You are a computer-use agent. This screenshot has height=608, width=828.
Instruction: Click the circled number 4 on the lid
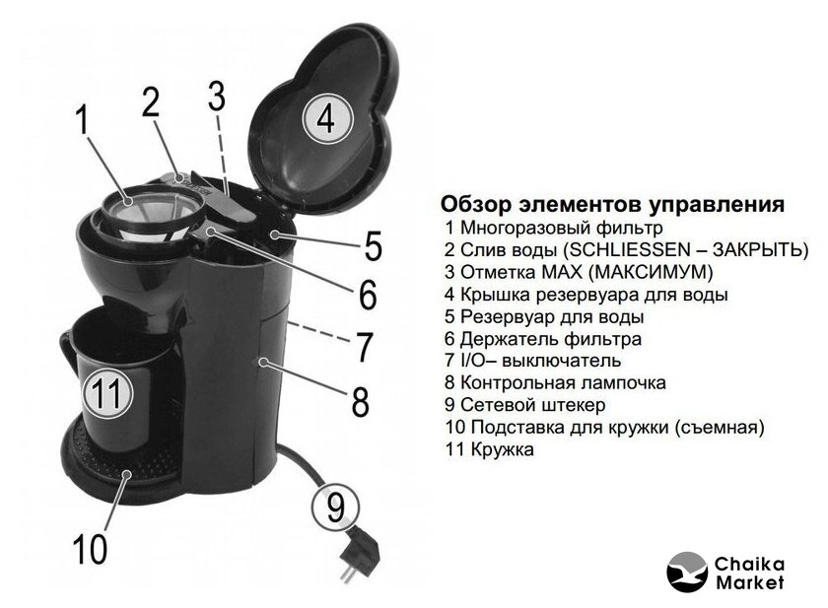tap(327, 117)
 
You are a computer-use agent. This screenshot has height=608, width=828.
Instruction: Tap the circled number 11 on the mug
tap(108, 392)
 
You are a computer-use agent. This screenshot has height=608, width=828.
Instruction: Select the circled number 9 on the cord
tap(336, 507)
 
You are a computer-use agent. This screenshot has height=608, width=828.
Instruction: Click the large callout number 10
tap(90, 549)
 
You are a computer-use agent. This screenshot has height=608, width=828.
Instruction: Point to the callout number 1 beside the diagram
tap(83, 120)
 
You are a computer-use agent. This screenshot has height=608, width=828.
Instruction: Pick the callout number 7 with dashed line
tap(364, 347)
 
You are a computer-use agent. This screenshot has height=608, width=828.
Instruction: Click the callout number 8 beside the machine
tap(361, 400)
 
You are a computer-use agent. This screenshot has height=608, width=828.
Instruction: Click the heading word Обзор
tap(476, 204)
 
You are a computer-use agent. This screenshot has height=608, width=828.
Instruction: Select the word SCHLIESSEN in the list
tap(633, 249)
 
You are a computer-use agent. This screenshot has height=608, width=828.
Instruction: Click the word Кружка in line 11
tap(502, 449)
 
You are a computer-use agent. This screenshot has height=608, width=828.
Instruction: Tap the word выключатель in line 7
tap(560, 361)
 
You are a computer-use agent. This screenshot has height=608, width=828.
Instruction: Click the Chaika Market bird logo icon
tap(687, 572)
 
